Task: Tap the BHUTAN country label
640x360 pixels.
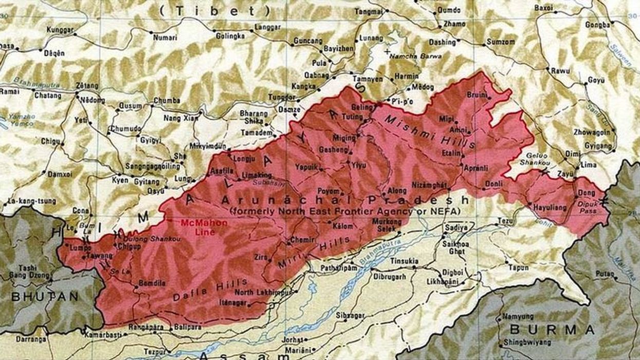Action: point(45,297)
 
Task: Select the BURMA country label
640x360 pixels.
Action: point(553,329)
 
